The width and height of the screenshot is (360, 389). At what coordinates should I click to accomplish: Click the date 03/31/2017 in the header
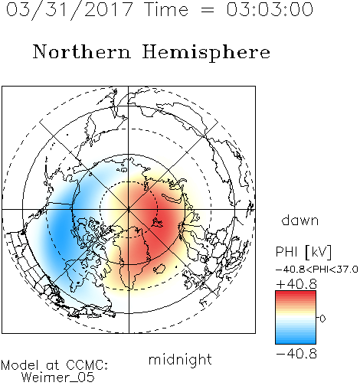(x=69, y=10)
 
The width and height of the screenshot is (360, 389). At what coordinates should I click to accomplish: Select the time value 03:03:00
(x=270, y=9)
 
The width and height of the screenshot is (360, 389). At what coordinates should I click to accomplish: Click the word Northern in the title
(x=82, y=51)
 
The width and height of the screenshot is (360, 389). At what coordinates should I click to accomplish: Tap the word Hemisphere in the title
(x=206, y=53)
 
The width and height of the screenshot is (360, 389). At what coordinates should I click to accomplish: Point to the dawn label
(x=300, y=220)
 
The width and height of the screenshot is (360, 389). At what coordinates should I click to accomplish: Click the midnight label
(x=180, y=360)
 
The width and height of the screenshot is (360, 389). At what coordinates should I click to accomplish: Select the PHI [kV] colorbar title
(x=303, y=252)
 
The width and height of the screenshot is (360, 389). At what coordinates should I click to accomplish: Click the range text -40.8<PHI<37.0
(x=317, y=270)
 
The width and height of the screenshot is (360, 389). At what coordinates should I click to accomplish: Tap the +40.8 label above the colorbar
(x=296, y=284)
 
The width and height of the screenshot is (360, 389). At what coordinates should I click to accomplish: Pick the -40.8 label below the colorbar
(x=296, y=354)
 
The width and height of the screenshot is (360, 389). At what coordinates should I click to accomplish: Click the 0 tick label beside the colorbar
(x=322, y=319)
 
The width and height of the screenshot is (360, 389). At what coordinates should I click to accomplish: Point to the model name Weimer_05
(x=58, y=378)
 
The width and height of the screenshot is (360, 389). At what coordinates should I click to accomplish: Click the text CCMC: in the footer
(x=87, y=365)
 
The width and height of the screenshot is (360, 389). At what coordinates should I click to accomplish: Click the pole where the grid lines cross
(x=129, y=209)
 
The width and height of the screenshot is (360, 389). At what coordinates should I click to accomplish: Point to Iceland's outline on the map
(x=159, y=269)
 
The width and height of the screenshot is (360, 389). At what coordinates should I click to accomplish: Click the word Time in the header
(x=166, y=9)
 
